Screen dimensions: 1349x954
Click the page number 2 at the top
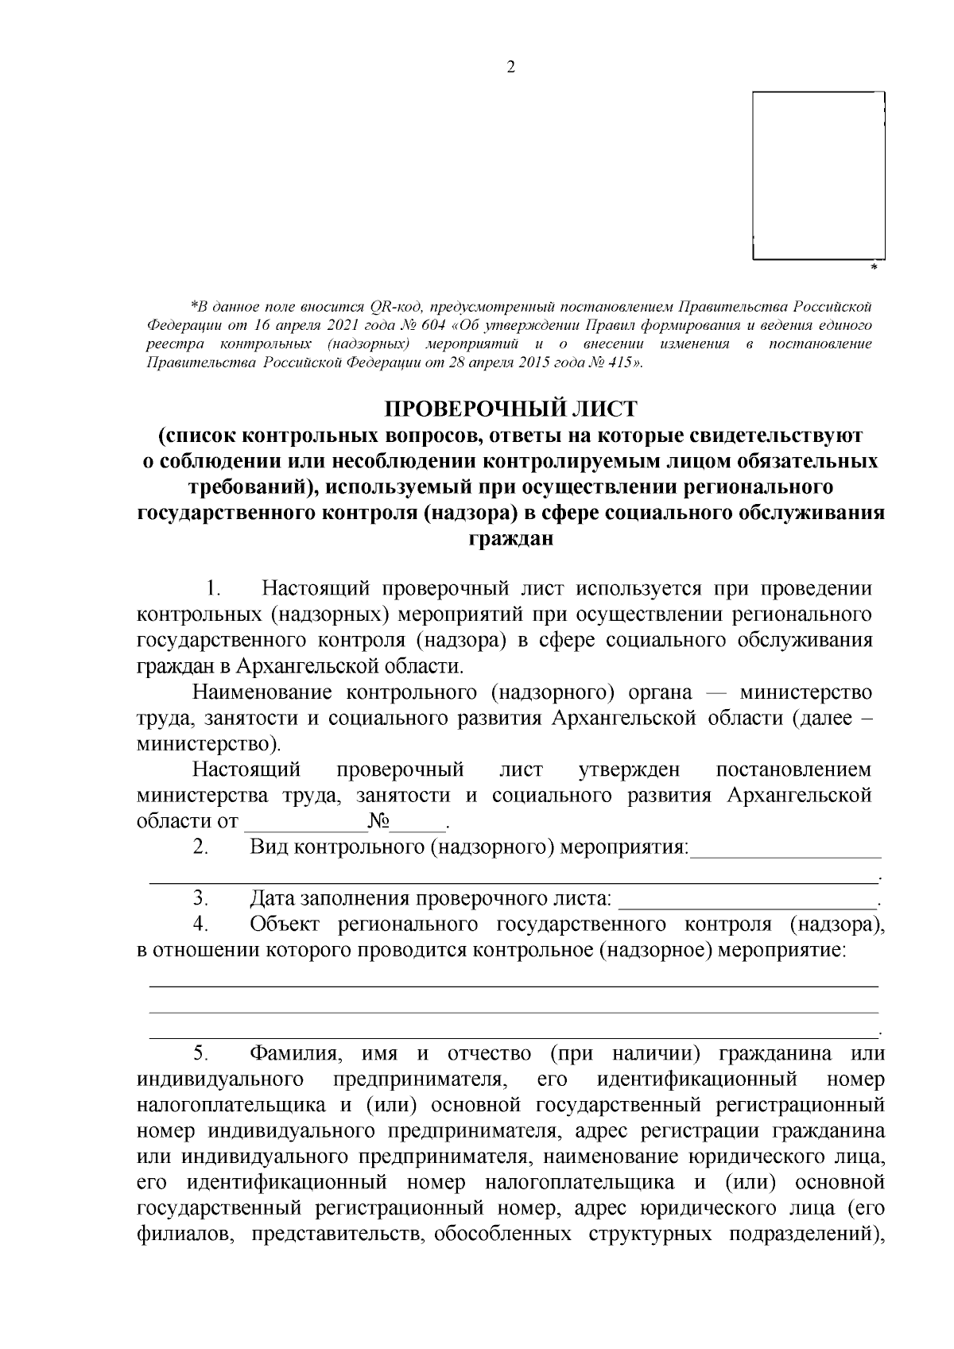[510, 67]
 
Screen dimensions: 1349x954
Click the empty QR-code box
[818, 176]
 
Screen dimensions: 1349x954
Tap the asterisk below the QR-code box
[874, 268]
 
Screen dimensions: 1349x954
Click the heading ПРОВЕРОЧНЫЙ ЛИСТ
[511, 409]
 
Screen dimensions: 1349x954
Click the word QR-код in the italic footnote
[390, 307]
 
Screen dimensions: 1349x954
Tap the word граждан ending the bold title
[510, 540]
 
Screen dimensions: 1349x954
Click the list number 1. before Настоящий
[212, 589]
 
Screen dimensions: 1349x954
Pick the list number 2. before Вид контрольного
[200, 847]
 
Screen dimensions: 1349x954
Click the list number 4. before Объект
[200, 924]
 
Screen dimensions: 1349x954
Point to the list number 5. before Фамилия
[200, 1053]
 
